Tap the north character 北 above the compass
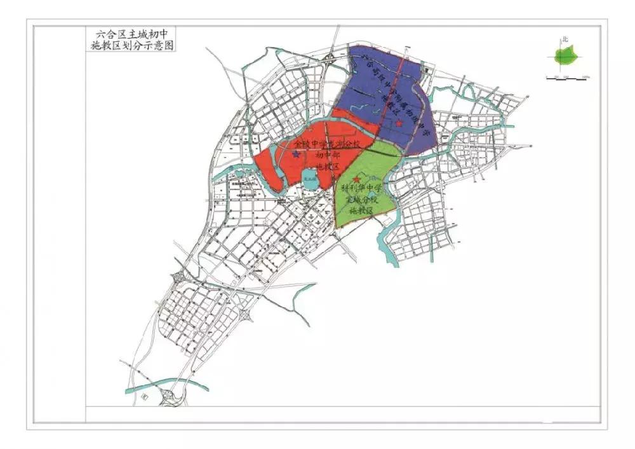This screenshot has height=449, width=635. pyautogui.click(x=565, y=40)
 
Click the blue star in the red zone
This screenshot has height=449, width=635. pyautogui.click(x=296, y=154)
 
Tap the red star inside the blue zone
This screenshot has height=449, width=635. pyautogui.click(x=399, y=123)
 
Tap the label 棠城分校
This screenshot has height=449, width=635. pyautogui.click(x=361, y=200)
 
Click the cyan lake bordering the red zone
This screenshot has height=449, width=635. pyautogui.click(x=310, y=177)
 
